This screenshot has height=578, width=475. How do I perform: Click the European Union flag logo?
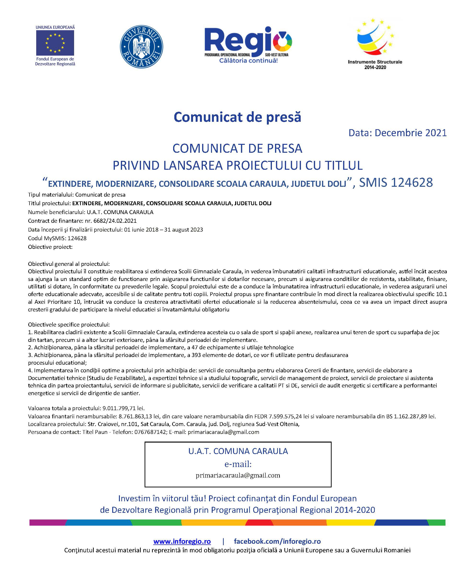55,43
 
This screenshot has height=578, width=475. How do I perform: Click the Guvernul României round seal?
141,47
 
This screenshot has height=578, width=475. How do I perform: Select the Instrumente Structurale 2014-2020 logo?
375,44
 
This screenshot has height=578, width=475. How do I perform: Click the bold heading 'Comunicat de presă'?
237,117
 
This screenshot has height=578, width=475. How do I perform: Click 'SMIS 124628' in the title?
396,183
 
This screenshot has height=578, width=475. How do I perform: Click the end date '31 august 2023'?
183,229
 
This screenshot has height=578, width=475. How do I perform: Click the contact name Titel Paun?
95,432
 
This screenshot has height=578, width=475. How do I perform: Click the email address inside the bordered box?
238,475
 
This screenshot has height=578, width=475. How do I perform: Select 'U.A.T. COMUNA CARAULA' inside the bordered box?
238,451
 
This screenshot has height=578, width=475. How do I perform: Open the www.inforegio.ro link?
182,541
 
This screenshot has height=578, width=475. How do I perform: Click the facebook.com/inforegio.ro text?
277,541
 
